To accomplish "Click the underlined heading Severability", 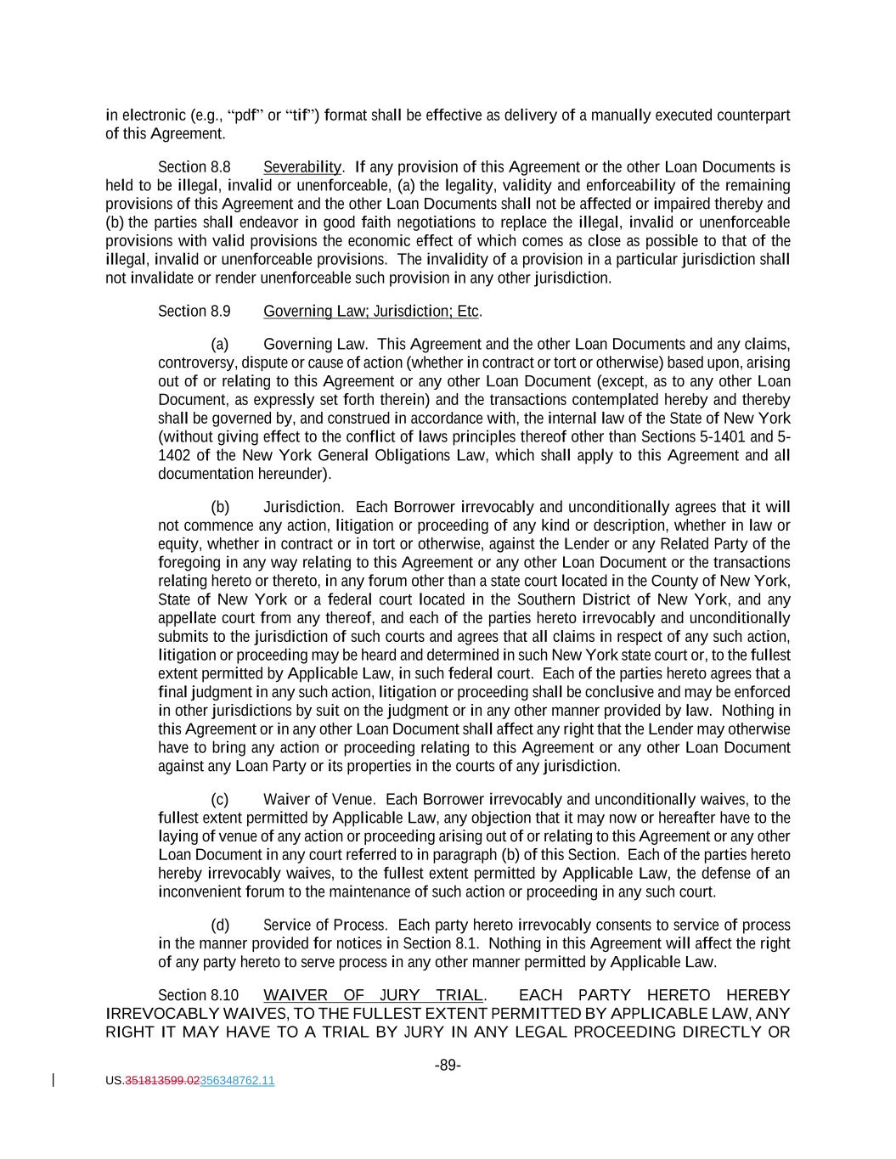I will (301, 167).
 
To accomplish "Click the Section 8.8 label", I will (194, 167).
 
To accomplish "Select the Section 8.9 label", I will (194, 312).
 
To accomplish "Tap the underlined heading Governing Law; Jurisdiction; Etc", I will (371, 312).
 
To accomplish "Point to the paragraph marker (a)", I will (220, 345).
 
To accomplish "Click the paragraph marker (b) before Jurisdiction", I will (220, 508).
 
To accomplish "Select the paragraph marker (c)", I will (220, 800).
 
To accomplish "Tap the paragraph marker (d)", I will (220, 926).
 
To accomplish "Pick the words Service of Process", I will (324, 926).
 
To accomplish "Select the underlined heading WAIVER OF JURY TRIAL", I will (374, 995).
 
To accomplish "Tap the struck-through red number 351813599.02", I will (161, 1081).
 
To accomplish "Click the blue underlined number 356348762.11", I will (237, 1081).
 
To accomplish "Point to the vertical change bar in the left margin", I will (54, 1080).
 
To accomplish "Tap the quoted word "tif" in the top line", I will (302, 115).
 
